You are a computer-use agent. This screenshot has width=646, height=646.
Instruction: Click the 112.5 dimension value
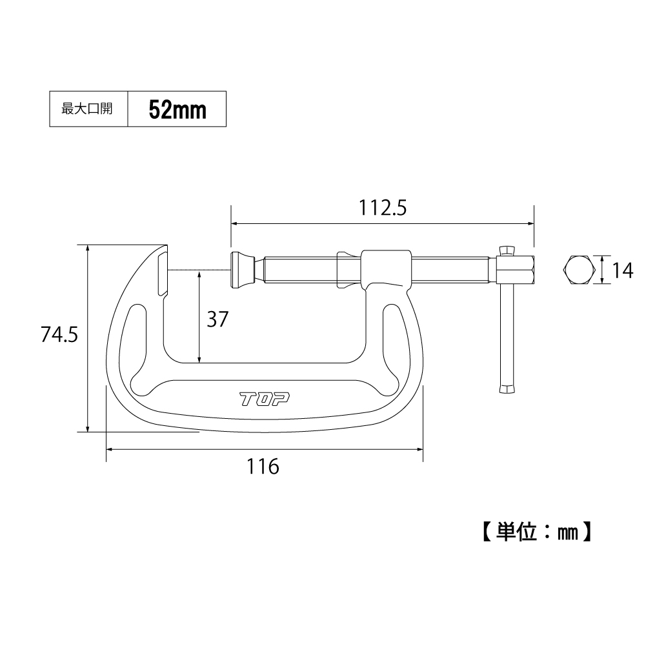pyautogui.click(x=383, y=208)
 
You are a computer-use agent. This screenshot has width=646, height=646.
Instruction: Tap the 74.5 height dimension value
pyautogui.click(x=59, y=334)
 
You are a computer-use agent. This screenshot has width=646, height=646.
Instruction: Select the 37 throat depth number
pyautogui.click(x=217, y=319)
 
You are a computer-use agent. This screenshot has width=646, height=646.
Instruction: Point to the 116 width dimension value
pyautogui.click(x=263, y=467)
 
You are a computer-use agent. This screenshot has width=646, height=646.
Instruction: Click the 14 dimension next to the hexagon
pyautogui.click(x=623, y=270)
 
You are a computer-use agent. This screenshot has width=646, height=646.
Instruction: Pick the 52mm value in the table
pyautogui.click(x=177, y=110)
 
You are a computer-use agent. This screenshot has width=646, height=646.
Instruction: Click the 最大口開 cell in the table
pyautogui.click(x=87, y=109)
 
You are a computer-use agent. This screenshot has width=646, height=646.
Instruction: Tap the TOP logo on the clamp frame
pyautogui.click(x=265, y=399)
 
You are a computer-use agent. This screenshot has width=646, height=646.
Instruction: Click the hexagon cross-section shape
pyautogui.click(x=579, y=270)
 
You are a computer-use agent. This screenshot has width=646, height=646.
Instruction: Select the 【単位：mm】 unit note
pyautogui.click(x=537, y=532)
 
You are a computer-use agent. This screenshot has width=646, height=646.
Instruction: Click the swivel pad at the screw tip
pyautogui.click(x=243, y=270)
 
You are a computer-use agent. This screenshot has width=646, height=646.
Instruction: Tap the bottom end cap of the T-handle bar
pyautogui.click(x=507, y=389)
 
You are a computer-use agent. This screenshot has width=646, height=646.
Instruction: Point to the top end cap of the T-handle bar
pyautogui.click(x=507, y=250)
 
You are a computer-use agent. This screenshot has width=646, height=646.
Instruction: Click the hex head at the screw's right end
pyautogui.click(x=516, y=270)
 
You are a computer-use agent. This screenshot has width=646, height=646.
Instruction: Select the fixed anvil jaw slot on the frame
pyautogui.click(x=163, y=274)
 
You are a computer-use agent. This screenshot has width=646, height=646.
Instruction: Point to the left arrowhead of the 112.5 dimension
pyautogui.click(x=236, y=224)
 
